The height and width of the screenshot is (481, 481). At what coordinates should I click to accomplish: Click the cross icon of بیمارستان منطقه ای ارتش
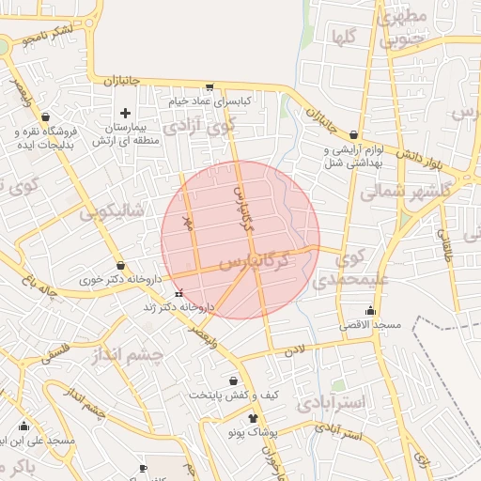point(125,113)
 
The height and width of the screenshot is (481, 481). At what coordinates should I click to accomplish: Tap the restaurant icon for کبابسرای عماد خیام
point(222,86)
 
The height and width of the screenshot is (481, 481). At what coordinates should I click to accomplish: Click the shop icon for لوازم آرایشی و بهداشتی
point(353,135)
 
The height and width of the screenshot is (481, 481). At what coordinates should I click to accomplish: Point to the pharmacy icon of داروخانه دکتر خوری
point(120,266)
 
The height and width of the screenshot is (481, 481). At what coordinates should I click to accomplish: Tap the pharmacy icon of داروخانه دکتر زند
point(179,293)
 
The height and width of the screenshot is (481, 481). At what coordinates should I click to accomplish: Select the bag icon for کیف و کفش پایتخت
point(234,381)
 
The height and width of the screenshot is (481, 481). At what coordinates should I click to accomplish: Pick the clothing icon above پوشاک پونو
point(253,418)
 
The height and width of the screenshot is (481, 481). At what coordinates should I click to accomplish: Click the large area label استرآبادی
point(335,404)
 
